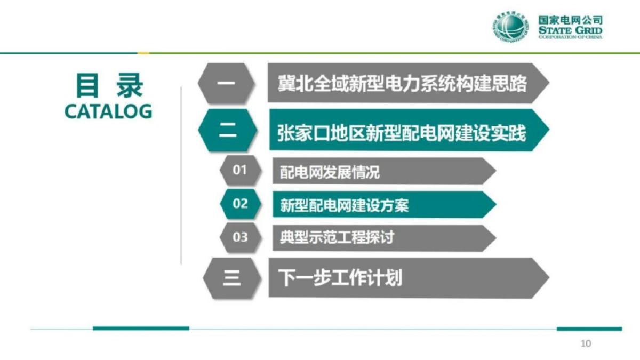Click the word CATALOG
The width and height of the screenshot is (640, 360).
pyautogui.click(x=108, y=111)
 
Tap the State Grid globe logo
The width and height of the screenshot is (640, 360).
pyautogui.click(x=510, y=27)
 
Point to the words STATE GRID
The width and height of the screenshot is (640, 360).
pyautogui.click(x=571, y=30)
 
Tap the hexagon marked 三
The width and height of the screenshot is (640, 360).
pyautogui.click(x=231, y=278)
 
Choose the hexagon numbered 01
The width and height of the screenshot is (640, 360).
pyautogui.click(x=240, y=171)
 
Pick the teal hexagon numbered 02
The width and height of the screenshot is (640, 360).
pyautogui.click(x=240, y=204)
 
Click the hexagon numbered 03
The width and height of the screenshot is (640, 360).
pyautogui.click(x=240, y=237)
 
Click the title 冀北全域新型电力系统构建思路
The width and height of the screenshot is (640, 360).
pyautogui.click(x=402, y=83)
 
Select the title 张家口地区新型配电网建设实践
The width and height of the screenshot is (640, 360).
pyautogui.click(x=401, y=132)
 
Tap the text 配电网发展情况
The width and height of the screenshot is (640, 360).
pyautogui.click(x=330, y=172)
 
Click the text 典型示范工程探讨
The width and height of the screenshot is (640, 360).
pyautogui.click(x=337, y=237)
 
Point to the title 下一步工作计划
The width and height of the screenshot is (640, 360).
pyautogui.click(x=340, y=278)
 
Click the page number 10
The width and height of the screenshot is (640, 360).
pyautogui.click(x=586, y=343)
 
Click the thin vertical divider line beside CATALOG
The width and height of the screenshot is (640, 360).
pyautogui.click(x=181, y=176)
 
